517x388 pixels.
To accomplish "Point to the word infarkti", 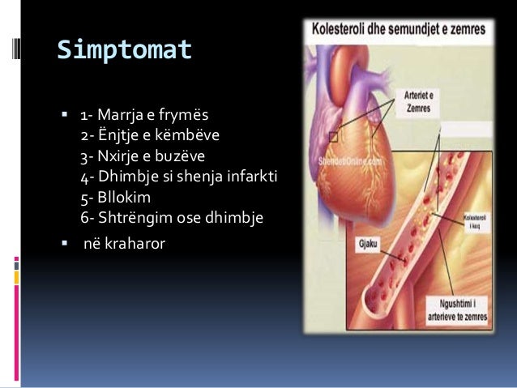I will coord(252,176).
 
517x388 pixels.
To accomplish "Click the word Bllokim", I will coord(127,197).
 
